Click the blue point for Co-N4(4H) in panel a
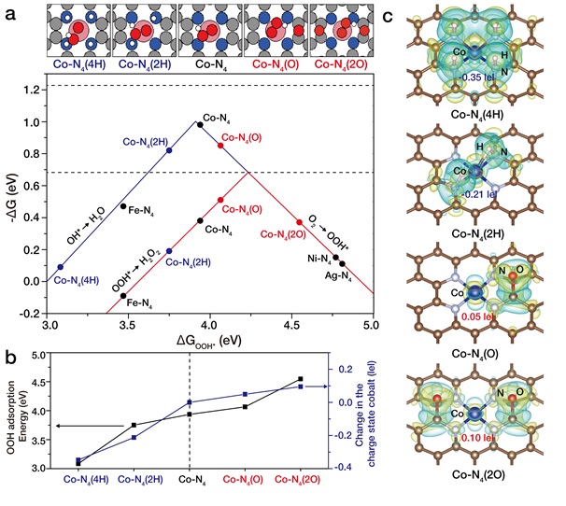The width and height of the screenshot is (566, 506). click(60, 267)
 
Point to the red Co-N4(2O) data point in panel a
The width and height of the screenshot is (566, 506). click(300, 222)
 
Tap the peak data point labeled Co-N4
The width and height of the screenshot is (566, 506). click(199, 124)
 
